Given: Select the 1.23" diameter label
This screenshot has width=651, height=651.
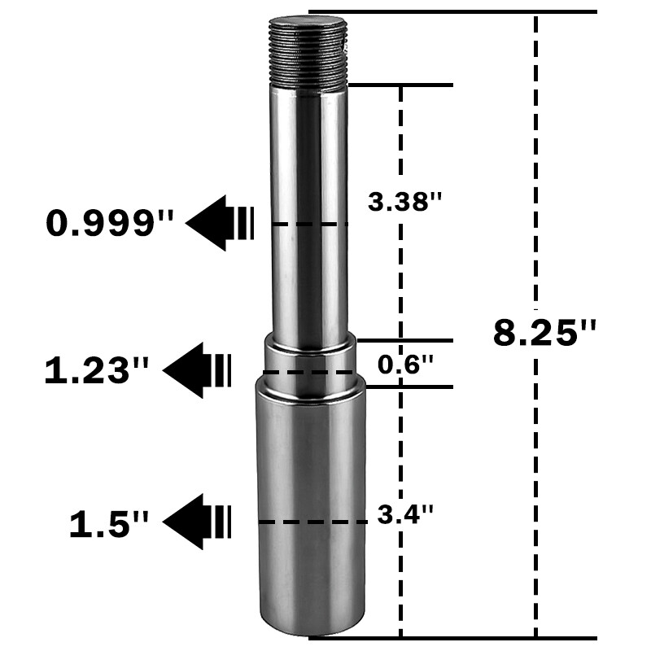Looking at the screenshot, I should point(98,371).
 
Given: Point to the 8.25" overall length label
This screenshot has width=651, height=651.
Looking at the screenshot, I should point(545,334).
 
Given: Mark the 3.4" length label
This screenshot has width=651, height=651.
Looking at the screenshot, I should point(405,514).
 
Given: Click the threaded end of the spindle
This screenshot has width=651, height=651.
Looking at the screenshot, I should point(309,53).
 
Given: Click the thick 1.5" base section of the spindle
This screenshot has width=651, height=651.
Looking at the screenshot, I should point(311,505).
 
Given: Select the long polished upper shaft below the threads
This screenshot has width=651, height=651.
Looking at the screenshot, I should point(309,212).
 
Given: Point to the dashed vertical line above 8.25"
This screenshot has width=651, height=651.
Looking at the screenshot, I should point(535,163).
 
